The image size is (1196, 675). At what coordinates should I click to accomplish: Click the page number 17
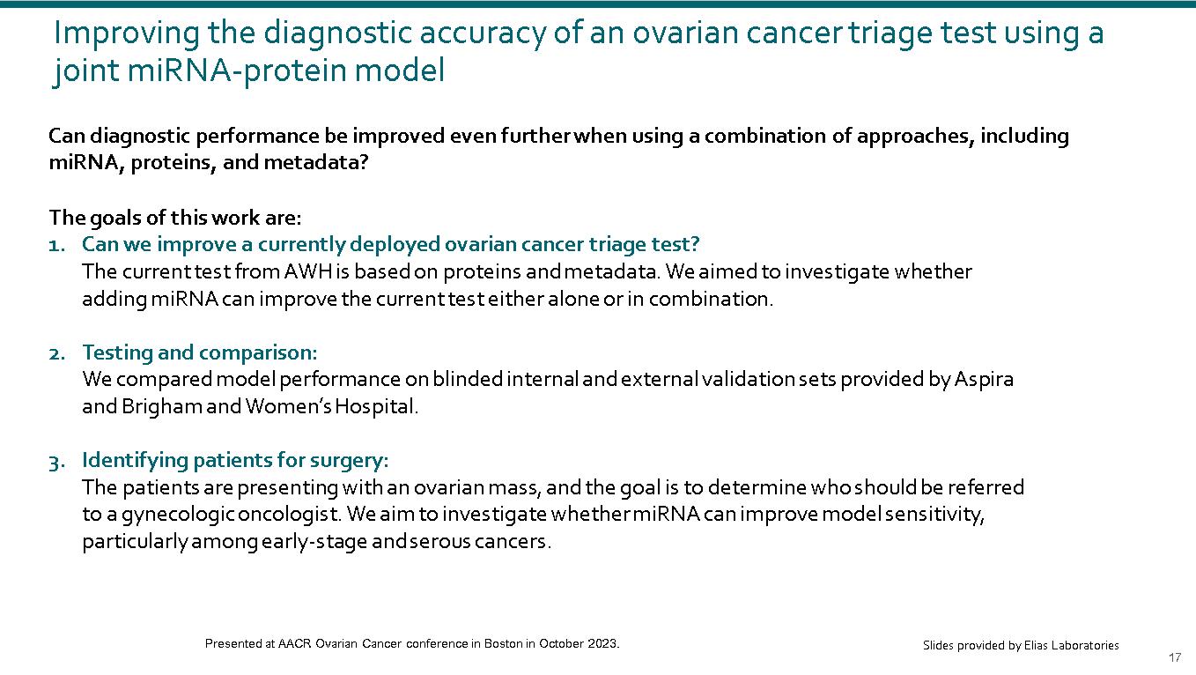click(x=1174, y=658)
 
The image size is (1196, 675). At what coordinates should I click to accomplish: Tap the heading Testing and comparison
click(x=199, y=352)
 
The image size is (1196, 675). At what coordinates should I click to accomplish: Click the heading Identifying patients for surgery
click(x=234, y=460)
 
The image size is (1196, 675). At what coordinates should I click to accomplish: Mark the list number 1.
click(x=55, y=244)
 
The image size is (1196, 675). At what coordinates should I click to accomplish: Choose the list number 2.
click(x=56, y=352)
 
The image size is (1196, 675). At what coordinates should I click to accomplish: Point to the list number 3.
click(x=56, y=460)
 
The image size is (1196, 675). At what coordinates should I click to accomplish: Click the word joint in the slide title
click(x=85, y=71)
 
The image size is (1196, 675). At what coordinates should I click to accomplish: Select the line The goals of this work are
click(x=174, y=218)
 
